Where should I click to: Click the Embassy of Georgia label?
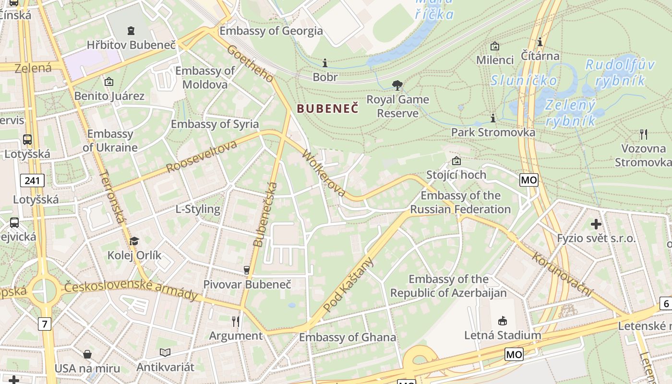[271, 31]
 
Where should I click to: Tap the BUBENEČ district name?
[327, 108]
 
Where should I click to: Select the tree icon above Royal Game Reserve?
[397, 85]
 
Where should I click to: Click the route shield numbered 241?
[32, 180]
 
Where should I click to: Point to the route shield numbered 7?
[44, 324]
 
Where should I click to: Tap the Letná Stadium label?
[502, 335]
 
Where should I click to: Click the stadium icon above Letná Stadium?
[503, 320]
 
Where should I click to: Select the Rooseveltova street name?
[202, 156]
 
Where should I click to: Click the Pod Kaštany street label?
[348, 285]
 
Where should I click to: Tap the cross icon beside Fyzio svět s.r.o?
[596, 224]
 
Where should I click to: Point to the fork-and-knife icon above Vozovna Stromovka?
[644, 134]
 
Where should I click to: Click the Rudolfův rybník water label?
[620, 72]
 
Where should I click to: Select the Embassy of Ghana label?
[348, 337]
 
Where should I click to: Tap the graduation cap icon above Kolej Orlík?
[134, 241]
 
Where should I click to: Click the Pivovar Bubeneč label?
[247, 284]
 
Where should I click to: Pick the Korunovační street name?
[563, 274]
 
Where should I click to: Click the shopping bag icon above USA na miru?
[87, 354]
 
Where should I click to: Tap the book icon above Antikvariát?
[165, 353]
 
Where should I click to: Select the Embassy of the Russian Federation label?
[460, 202]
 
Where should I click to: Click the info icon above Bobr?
[325, 63]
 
